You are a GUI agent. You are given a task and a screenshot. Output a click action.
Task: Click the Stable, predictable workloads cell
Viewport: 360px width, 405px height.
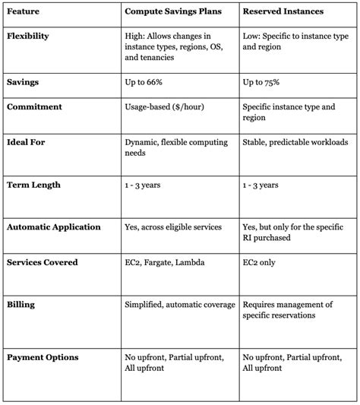pos(291,142)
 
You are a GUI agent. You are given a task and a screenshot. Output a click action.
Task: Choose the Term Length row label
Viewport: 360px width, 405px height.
pos(33,185)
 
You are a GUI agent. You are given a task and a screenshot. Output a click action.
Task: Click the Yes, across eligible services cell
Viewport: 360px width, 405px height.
pos(173,227)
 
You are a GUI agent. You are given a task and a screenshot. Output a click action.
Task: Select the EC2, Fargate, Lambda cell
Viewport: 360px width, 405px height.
pos(166,261)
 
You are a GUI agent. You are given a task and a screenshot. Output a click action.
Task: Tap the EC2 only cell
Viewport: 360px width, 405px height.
pos(260,261)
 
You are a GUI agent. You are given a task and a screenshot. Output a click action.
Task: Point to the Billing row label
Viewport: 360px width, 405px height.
pos(21,305)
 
